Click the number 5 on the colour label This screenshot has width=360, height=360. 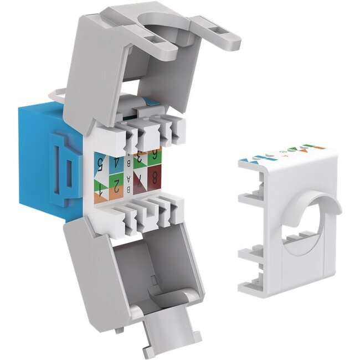[101, 163]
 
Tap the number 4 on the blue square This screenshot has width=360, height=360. [117, 163]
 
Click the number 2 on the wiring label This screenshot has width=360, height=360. [117, 183]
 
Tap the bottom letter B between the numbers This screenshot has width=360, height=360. [130, 189]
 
